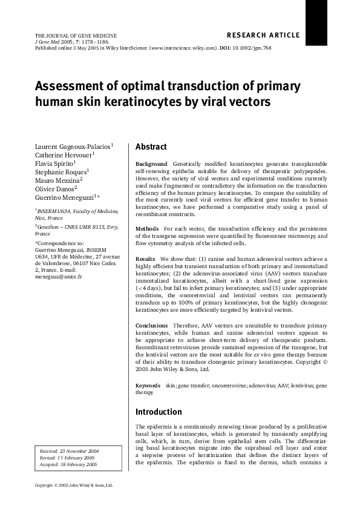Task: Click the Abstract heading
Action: (151, 147)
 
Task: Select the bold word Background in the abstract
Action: (151, 164)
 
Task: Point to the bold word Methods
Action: (148, 228)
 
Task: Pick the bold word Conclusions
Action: (152, 326)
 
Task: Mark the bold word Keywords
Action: (148, 385)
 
